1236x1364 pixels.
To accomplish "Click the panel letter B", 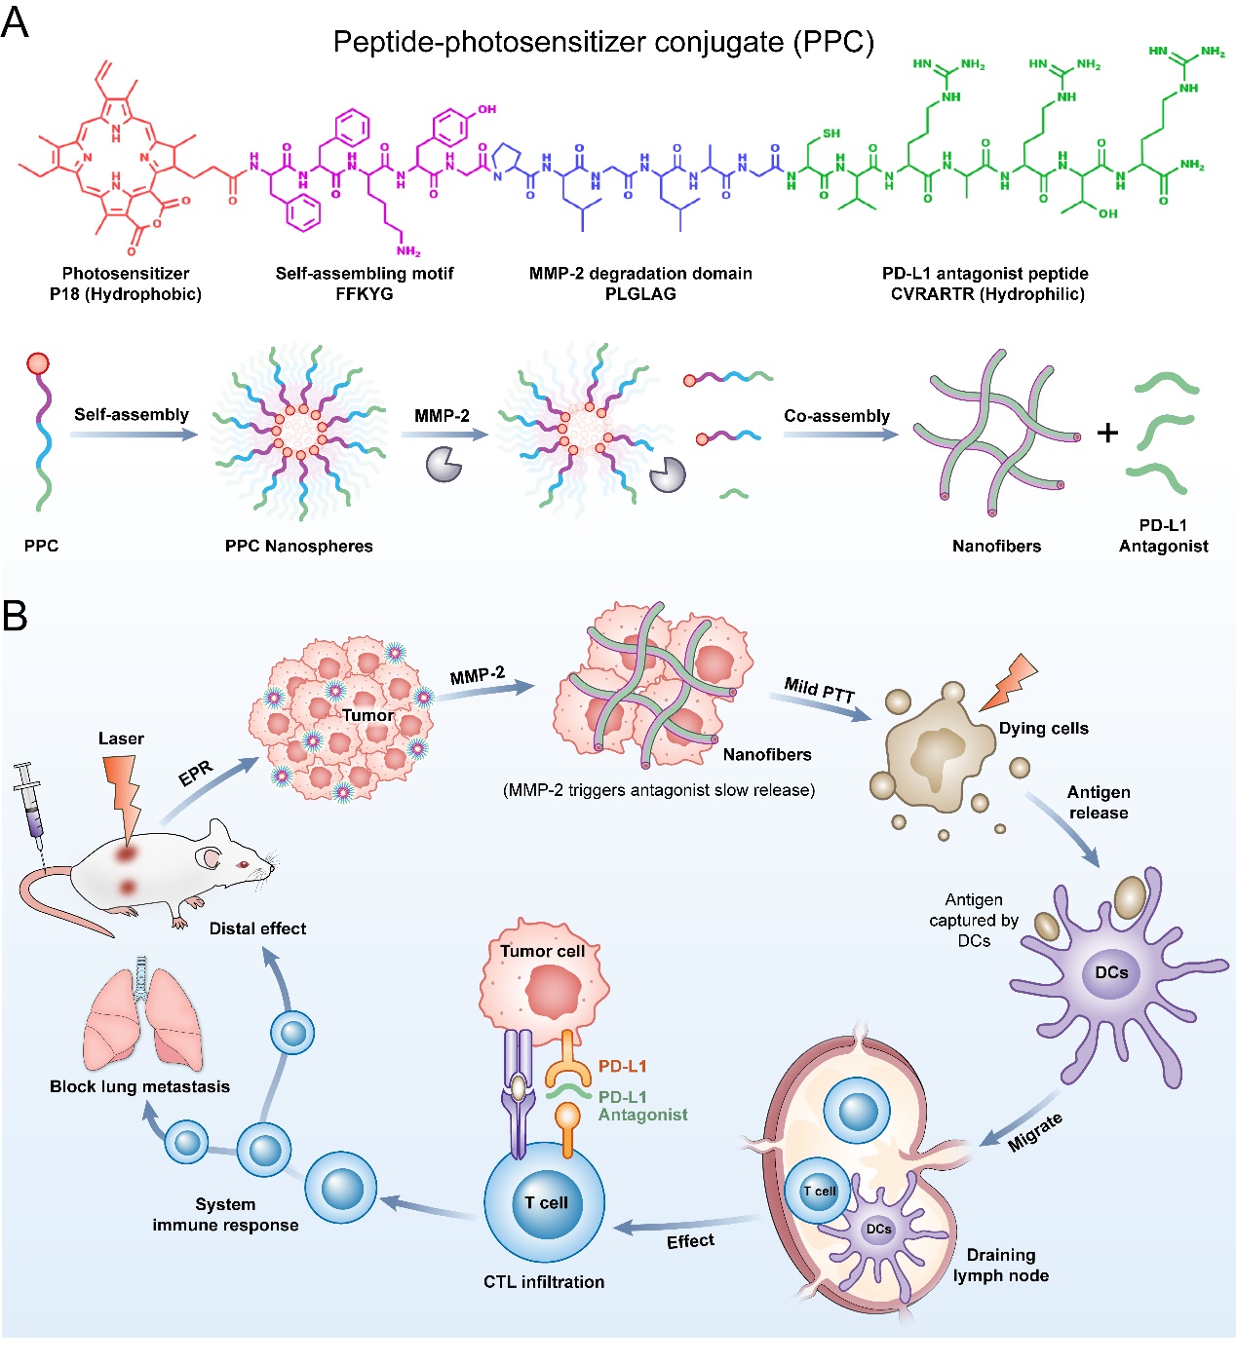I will [x=15, y=616].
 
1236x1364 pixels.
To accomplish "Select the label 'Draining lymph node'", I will [x=1001, y=1265].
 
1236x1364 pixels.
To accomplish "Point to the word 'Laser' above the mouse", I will [x=121, y=739].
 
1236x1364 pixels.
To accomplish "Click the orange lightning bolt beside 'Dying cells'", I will [x=1009, y=681].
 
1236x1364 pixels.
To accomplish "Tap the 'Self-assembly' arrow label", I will [x=132, y=414].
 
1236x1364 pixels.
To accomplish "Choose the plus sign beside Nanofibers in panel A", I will [x=1107, y=433].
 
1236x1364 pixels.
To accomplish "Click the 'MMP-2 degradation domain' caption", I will [x=640, y=274].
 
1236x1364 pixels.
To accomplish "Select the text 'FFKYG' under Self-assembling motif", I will [x=364, y=294].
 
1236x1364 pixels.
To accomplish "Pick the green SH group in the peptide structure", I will [x=831, y=133].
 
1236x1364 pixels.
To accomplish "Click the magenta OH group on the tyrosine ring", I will [x=486, y=109].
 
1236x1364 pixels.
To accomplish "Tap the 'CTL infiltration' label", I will [x=544, y=1282].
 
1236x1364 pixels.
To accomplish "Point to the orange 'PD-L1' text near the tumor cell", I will [x=623, y=1067].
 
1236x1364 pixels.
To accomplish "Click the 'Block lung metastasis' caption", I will [x=139, y=1086].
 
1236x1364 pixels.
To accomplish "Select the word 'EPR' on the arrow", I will [x=196, y=774].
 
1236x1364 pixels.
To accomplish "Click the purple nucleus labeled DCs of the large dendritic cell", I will [x=1111, y=972].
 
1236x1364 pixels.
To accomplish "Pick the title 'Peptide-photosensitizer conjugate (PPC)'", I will [x=603, y=42].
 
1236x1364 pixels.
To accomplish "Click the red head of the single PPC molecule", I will [x=38, y=364].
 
